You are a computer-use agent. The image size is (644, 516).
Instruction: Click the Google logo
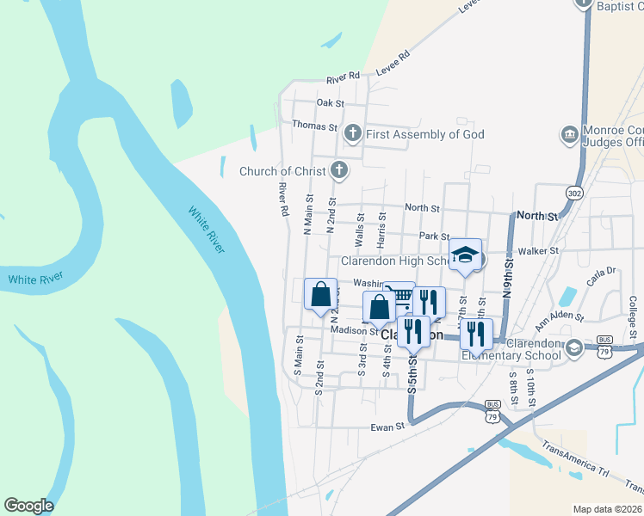28,506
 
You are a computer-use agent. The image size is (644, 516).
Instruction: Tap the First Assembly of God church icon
352,133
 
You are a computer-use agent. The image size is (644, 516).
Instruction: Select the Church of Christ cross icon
339,170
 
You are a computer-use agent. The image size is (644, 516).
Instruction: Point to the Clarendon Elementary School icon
574,350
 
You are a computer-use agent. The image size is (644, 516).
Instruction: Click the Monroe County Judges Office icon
569,134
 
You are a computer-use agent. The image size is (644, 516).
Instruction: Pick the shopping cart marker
399,298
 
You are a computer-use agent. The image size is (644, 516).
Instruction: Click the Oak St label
330,103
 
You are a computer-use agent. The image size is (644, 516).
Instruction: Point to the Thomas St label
314,126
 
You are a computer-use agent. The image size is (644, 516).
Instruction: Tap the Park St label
434,236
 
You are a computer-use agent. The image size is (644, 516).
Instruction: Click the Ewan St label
387,427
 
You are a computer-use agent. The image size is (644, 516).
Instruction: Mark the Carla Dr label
602,272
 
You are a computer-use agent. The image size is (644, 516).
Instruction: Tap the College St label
632,316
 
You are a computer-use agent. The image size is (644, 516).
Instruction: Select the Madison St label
349,330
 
